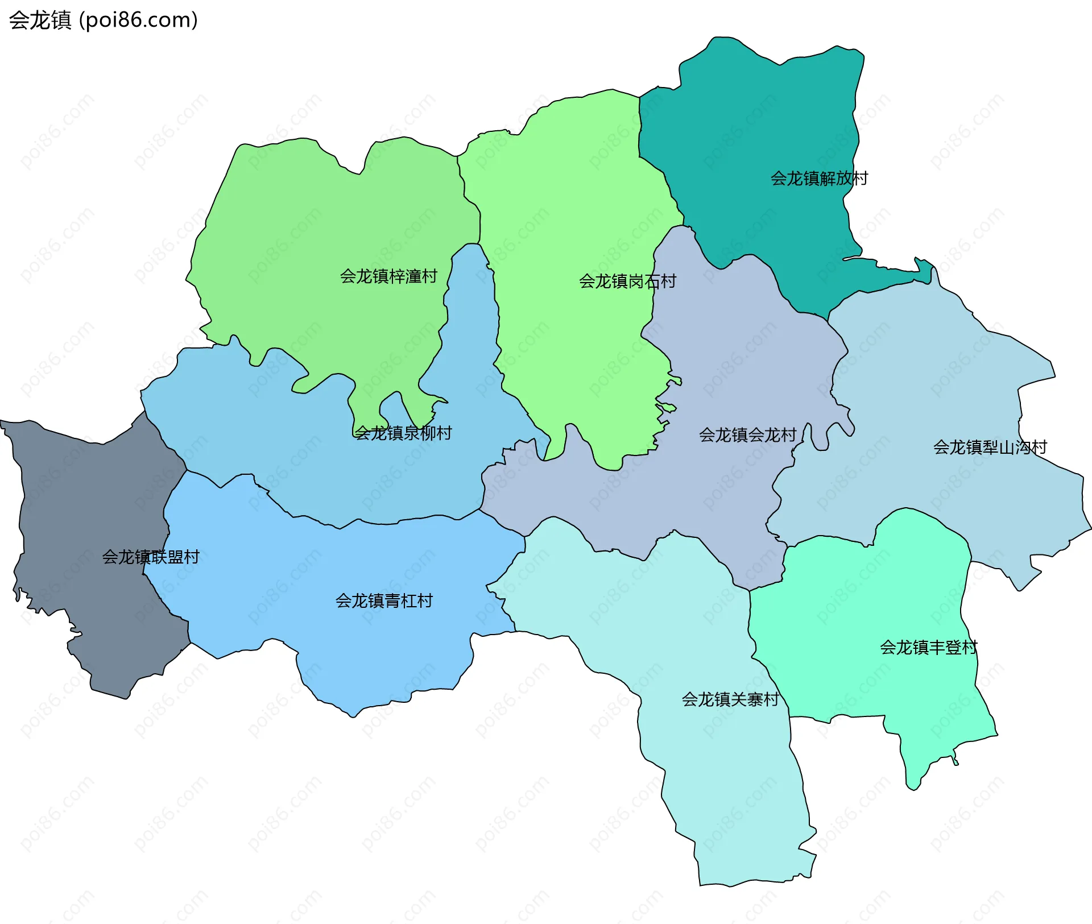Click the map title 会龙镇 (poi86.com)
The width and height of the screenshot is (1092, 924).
click(104, 20)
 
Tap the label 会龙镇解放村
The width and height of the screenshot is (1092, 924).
click(819, 179)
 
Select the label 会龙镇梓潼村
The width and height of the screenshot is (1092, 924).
click(388, 276)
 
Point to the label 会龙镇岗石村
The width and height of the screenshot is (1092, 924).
click(627, 281)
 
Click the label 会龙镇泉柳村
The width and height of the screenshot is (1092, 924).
click(403, 433)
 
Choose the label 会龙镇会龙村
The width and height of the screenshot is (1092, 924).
click(747, 435)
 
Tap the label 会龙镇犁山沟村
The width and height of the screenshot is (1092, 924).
click(990, 448)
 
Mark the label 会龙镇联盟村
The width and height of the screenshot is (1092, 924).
click(151, 557)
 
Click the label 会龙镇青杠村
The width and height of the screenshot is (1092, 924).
click(384, 601)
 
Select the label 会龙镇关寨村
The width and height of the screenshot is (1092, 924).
click(730, 699)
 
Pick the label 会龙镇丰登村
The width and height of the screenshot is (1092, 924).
click(928, 647)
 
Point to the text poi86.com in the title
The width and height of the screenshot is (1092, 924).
click(138, 20)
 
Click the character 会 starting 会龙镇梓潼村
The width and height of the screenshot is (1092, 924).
click(348, 276)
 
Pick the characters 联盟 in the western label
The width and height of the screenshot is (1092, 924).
click(167, 557)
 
